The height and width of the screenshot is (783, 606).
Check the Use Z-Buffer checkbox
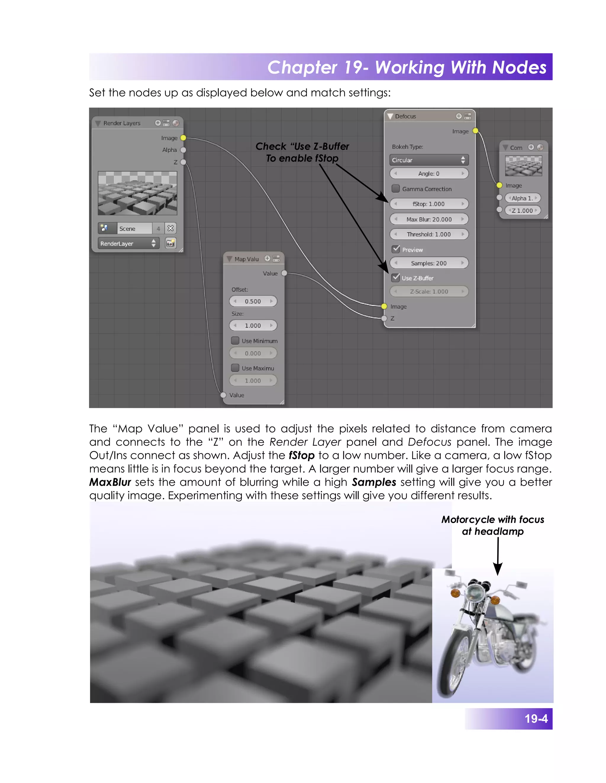[396, 277]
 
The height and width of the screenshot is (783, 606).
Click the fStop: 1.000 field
[429, 204]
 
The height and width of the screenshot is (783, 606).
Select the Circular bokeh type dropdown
[429, 160]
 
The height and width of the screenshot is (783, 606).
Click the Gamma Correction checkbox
[396, 189]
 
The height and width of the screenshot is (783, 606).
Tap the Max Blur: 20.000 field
[429, 219]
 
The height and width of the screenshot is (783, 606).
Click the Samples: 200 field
[429, 263]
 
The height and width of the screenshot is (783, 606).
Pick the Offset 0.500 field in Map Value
[253, 301]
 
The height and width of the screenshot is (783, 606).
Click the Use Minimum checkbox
[235, 340]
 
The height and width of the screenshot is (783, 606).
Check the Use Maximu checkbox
[235, 368]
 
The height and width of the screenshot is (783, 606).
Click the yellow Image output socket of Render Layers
[183, 138]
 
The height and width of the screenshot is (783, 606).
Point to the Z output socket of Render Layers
[183, 162]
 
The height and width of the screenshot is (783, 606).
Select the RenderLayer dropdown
[128, 243]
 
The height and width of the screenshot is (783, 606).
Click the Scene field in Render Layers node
[135, 228]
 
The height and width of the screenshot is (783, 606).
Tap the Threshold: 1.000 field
[429, 234]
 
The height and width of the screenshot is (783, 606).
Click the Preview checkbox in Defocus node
[396, 249]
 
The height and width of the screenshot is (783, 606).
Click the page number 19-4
[536, 719]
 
